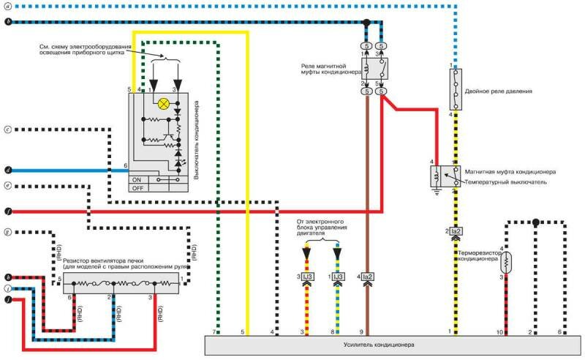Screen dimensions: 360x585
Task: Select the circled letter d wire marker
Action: point(7,169)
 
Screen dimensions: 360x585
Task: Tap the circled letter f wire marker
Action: point(7,211)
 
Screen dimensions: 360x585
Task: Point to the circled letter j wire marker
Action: point(7,299)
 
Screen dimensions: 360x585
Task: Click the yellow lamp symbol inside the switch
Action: point(162,104)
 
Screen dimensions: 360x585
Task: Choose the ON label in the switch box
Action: point(136,179)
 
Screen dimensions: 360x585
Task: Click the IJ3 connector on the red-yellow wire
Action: point(309,277)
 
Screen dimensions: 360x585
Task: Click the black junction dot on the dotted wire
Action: point(536,221)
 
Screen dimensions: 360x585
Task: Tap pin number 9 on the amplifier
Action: point(361,333)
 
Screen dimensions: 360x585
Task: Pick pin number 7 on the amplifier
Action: point(214,333)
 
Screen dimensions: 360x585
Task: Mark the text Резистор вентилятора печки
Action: point(107,260)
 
